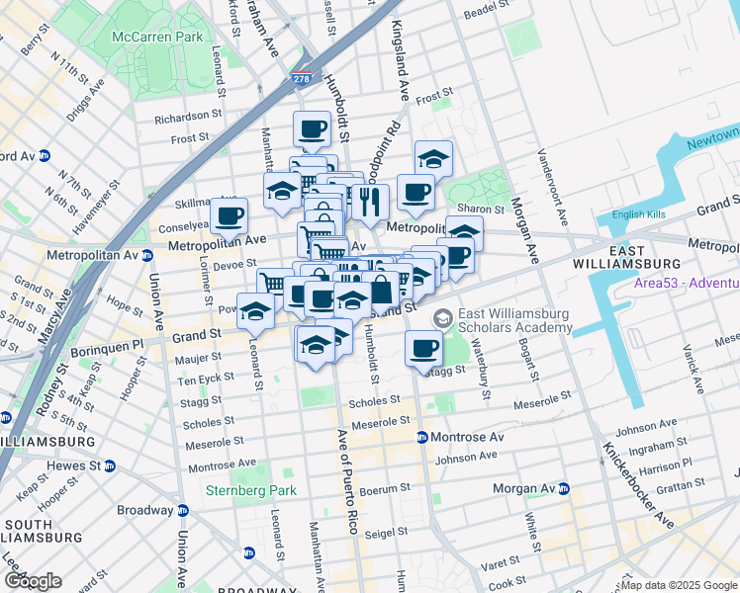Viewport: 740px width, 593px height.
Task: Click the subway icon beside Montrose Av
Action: [x=422, y=437]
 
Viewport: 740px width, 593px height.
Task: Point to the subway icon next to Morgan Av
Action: [x=564, y=489]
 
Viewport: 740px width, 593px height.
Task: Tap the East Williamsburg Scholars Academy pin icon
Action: [x=443, y=317]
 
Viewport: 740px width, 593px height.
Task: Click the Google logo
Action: [x=33, y=580]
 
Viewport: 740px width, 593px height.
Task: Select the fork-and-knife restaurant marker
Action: [x=370, y=202]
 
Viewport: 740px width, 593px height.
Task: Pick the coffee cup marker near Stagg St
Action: [x=424, y=347]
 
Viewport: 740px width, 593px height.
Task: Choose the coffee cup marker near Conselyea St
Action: [x=230, y=214]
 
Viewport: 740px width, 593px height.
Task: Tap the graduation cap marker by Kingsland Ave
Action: [x=432, y=158]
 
